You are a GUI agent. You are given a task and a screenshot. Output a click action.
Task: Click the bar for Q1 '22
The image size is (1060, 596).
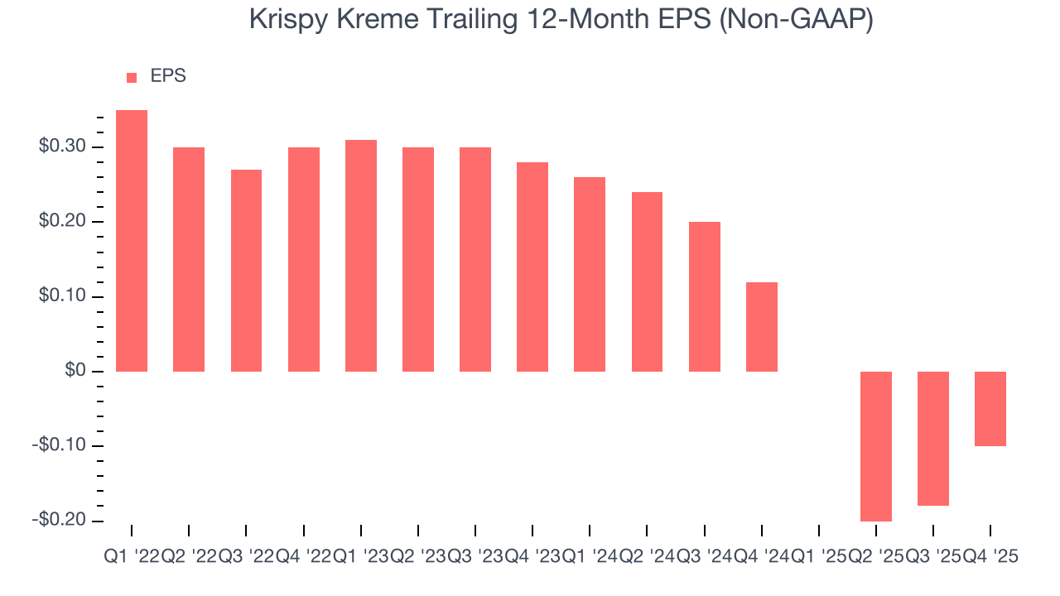(x=132, y=240)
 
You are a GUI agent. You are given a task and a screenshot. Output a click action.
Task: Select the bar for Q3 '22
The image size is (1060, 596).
(x=246, y=270)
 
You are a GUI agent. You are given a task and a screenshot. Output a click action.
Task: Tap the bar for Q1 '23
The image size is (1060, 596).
(x=361, y=255)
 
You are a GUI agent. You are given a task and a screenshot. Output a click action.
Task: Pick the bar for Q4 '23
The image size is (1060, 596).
(x=532, y=267)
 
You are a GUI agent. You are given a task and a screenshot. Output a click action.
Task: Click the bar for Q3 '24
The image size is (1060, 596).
(x=705, y=296)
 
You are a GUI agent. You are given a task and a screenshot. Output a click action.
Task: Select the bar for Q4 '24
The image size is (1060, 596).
(x=762, y=326)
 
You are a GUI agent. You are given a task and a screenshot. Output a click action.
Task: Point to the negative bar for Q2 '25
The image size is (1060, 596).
(x=876, y=446)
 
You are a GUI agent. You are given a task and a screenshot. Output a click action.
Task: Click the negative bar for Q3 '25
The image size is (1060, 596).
(x=933, y=439)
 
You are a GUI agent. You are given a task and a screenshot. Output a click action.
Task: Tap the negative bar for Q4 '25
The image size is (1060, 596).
(x=990, y=409)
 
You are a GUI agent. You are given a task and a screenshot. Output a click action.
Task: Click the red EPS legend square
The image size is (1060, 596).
(x=132, y=77)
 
